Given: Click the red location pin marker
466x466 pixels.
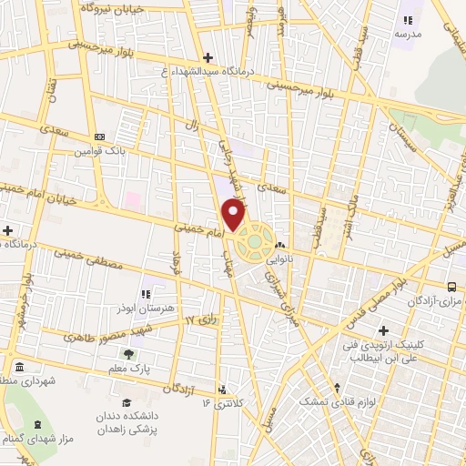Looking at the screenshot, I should click(233, 216).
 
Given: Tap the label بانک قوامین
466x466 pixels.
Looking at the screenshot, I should click(125, 150).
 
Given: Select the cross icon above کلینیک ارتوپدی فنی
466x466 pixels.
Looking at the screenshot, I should click(383, 331).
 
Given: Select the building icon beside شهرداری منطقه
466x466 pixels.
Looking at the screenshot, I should click(20, 367).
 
